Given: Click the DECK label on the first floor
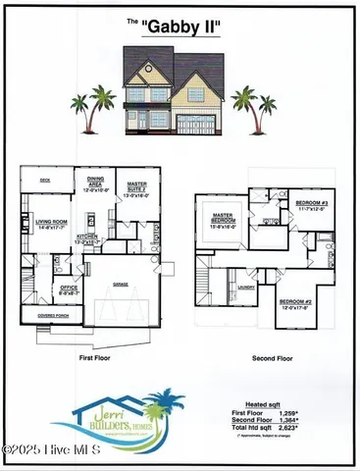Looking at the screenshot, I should (45, 181).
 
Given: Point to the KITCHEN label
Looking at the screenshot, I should (87, 238).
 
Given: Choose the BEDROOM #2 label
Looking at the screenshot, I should (293, 303).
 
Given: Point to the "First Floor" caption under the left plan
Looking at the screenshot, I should (97, 359).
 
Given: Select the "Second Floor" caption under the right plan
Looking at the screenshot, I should (272, 359).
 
